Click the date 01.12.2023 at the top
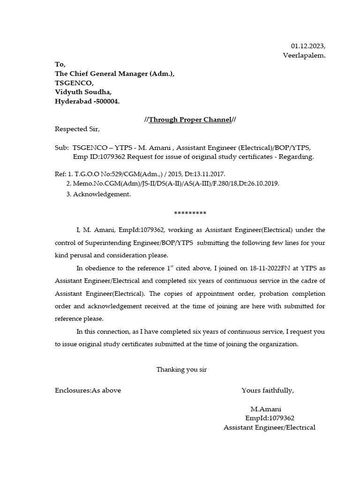coord(307,46)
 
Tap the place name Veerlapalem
coord(304,55)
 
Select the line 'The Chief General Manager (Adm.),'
coord(115,74)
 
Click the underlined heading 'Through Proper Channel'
coord(190,120)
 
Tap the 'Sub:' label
coord(62,147)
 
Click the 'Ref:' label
coord(60,174)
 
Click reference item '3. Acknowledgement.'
coord(98,194)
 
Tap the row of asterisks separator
coord(190,213)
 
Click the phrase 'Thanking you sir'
coord(181,369)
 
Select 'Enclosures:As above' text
coord(88,390)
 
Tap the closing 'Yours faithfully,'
coord(268,390)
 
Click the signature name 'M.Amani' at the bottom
coord(266,409)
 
